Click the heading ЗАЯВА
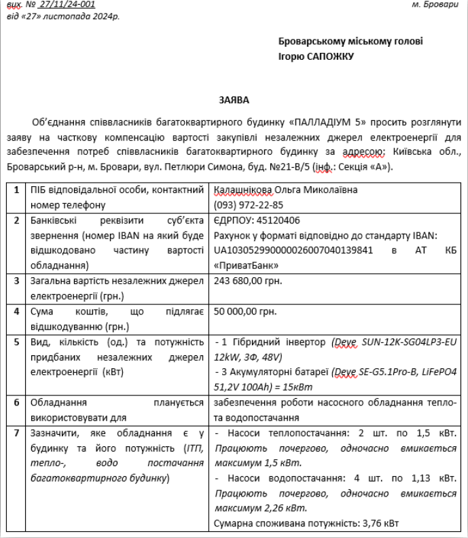pyautogui.click(x=234, y=100)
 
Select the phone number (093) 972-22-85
pyautogui.click(x=248, y=204)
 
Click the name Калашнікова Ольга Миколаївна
pyautogui.click(x=285, y=190)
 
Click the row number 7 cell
pyautogui.click(x=17, y=433)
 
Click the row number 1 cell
pyautogui.click(x=17, y=190)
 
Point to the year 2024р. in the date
pyautogui.click(x=105, y=16)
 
